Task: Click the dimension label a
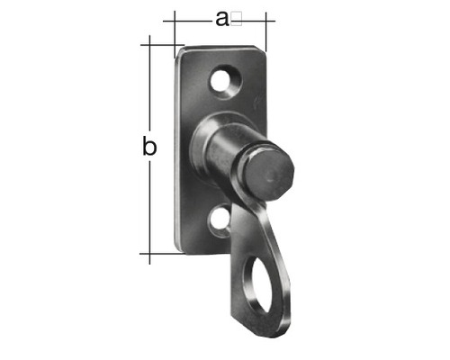pyautogui.click(x=222, y=20)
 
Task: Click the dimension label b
pyautogui.click(x=149, y=146)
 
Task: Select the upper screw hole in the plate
pyautogui.click(x=222, y=80)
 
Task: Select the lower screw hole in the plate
pyautogui.click(x=220, y=220)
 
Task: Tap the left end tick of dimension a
pyautogui.click(x=175, y=34)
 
